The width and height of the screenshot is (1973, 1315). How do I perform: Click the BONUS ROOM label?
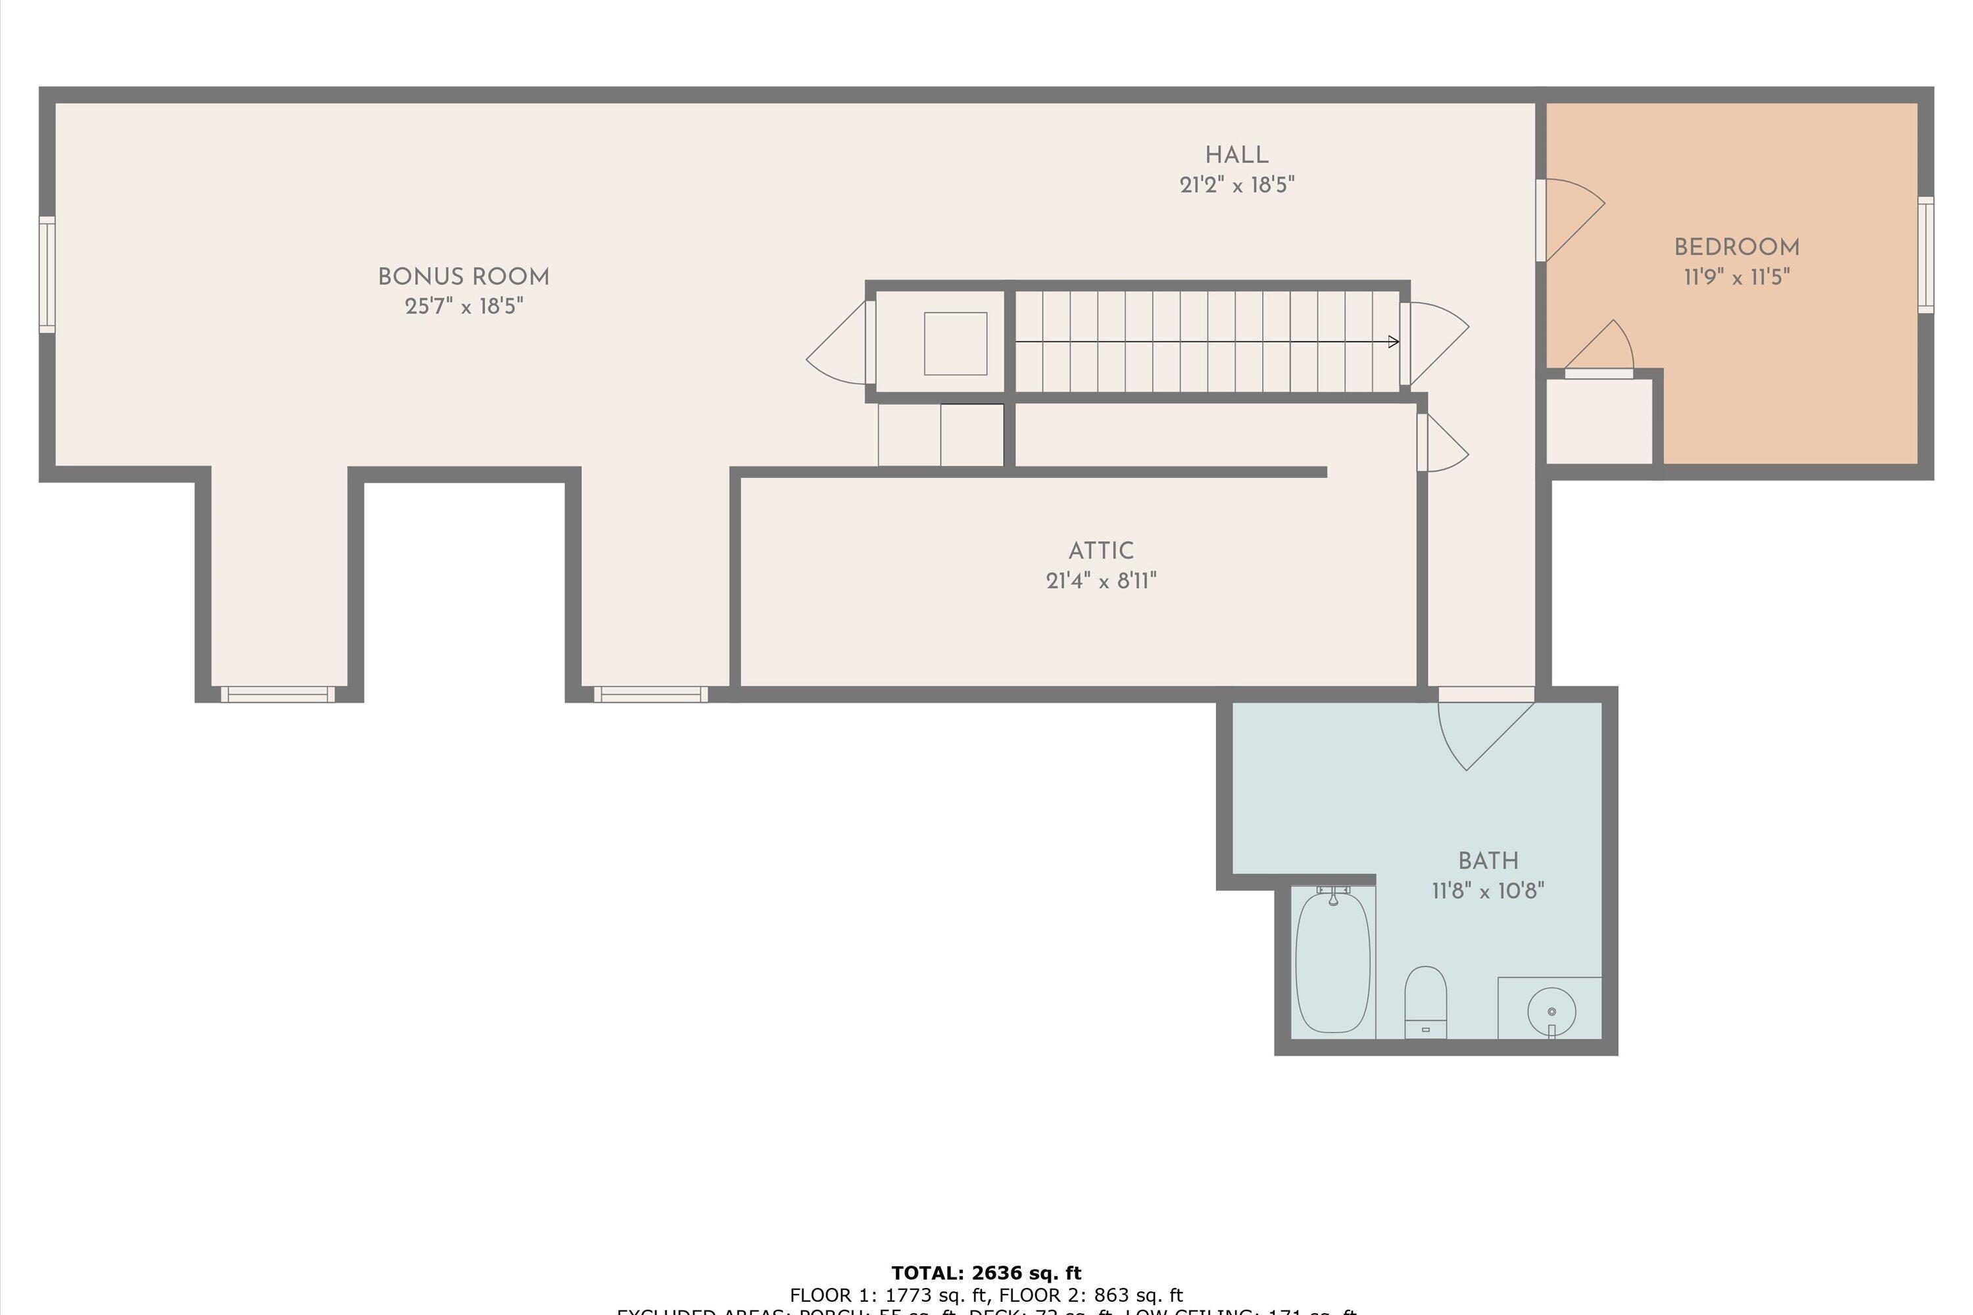pyautogui.click(x=463, y=277)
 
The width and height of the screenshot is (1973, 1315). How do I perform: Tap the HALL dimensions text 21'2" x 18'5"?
pyautogui.click(x=1236, y=185)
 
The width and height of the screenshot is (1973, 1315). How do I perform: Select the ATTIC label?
pyautogui.click(x=1100, y=551)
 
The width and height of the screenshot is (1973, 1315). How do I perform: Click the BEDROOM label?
pyautogui.click(x=1736, y=247)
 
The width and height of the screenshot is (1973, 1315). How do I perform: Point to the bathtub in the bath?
pyautogui.click(x=1333, y=962)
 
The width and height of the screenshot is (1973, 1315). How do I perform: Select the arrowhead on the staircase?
pyautogui.click(x=1394, y=341)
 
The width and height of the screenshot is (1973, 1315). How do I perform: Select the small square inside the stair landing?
pyautogui.click(x=956, y=343)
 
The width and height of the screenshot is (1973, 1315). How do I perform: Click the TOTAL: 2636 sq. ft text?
pyautogui.click(x=986, y=1273)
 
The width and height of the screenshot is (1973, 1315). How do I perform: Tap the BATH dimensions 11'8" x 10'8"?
pyautogui.click(x=1487, y=891)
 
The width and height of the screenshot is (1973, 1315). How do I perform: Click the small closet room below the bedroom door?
pyautogui.click(x=1599, y=421)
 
